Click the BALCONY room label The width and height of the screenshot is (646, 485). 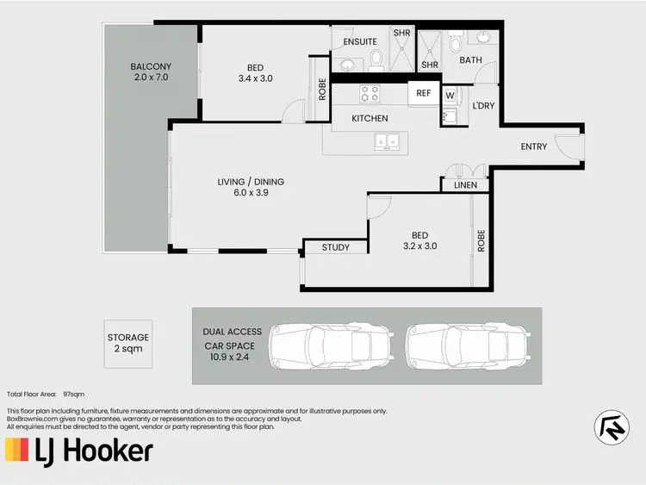pos(151,66)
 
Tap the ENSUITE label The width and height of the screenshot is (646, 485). pos(359,41)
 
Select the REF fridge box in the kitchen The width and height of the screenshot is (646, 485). pos(423,93)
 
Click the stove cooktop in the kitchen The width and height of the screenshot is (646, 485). pos(370,92)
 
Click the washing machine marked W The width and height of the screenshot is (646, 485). pos(450,95)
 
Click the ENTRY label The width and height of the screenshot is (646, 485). pos(534,146)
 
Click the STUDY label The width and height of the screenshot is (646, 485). pos(336,248)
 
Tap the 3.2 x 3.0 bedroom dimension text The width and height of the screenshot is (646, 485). pos(419,246)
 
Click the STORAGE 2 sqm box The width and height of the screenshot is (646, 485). pos(128,344)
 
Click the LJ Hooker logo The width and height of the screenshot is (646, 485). pos(80,450)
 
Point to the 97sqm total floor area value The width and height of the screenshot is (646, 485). pos(74,393)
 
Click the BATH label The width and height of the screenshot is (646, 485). pos(470,60)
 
